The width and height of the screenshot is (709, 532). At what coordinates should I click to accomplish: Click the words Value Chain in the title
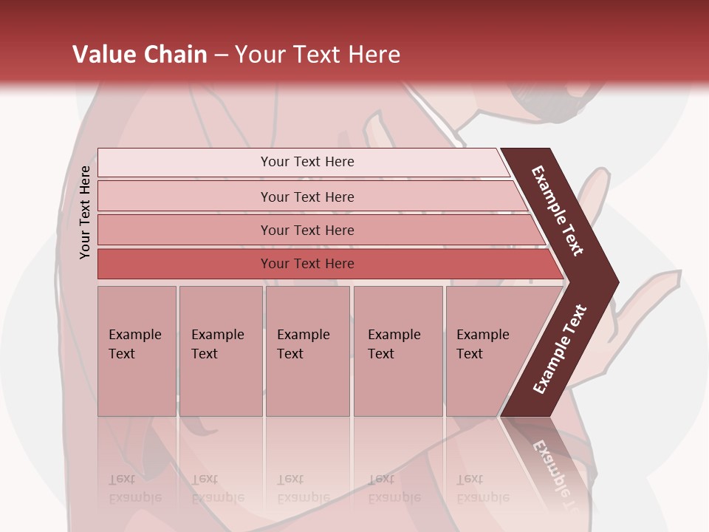pos(140,55)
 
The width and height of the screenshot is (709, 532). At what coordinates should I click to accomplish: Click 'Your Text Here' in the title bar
pos(318,55)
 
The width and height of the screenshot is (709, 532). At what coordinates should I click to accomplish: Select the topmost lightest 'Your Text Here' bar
pos(307,162)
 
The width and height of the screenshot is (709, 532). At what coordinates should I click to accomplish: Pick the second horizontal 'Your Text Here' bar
pos(307,197)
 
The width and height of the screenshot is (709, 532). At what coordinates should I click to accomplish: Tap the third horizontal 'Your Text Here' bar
pos(307,230)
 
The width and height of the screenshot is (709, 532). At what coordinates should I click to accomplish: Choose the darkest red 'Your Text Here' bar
pos(307,264)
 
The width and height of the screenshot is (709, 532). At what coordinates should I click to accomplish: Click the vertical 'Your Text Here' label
pos(85,212)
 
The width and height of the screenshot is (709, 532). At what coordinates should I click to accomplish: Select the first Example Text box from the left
pos(137,350)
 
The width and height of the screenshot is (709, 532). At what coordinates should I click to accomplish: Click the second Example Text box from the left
pos(220,350)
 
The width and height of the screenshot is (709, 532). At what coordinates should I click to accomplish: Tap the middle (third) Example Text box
pos(307,350)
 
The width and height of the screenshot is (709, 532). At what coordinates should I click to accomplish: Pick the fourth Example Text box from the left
pos(397,350)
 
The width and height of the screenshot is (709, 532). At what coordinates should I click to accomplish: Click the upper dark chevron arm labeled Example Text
pos(558,211)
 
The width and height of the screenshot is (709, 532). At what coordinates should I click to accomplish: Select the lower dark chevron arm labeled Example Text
pos(560,349)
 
